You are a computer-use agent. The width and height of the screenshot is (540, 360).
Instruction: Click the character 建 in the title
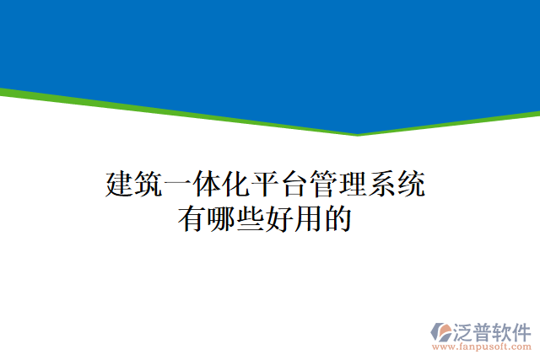tap(120, 184)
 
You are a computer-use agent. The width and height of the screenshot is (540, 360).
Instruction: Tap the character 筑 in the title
tap(148, 184)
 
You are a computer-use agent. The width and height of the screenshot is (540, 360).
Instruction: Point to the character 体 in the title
tap(207, 184)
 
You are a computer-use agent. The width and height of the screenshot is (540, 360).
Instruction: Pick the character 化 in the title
tap(235, 184)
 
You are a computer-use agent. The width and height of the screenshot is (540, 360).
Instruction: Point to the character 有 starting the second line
tap(192, 219)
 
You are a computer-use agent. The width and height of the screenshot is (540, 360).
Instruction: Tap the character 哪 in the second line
tap(221, 219)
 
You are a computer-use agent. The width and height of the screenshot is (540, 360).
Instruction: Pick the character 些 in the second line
tap(250, 219)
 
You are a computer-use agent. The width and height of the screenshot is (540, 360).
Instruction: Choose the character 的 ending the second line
tap(337, 219)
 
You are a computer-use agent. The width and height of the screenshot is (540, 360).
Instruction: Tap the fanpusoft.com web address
tap(482, 347)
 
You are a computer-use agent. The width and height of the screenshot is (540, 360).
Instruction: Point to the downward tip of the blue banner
tap(358, 133)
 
